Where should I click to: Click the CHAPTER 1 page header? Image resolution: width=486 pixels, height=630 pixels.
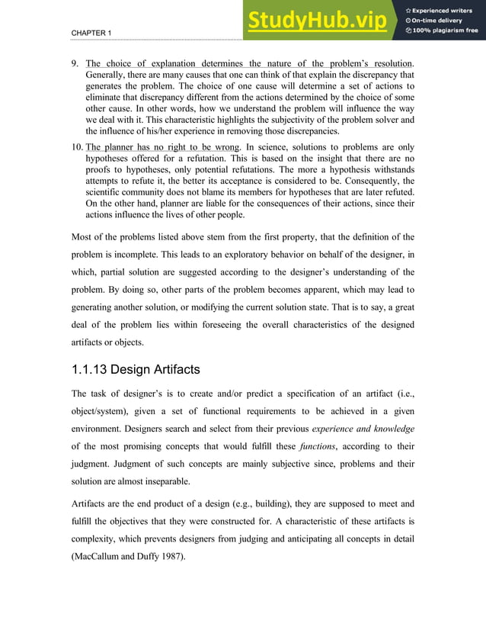(x=91, y=34)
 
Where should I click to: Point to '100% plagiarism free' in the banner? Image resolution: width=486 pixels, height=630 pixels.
(x=445, y=31)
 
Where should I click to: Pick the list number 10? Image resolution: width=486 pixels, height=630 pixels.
(x=77, y=147)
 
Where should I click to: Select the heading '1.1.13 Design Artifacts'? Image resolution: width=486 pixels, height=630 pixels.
(x=135, y=371)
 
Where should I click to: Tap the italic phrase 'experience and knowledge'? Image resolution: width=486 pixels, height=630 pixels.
(x=363, y=429)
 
